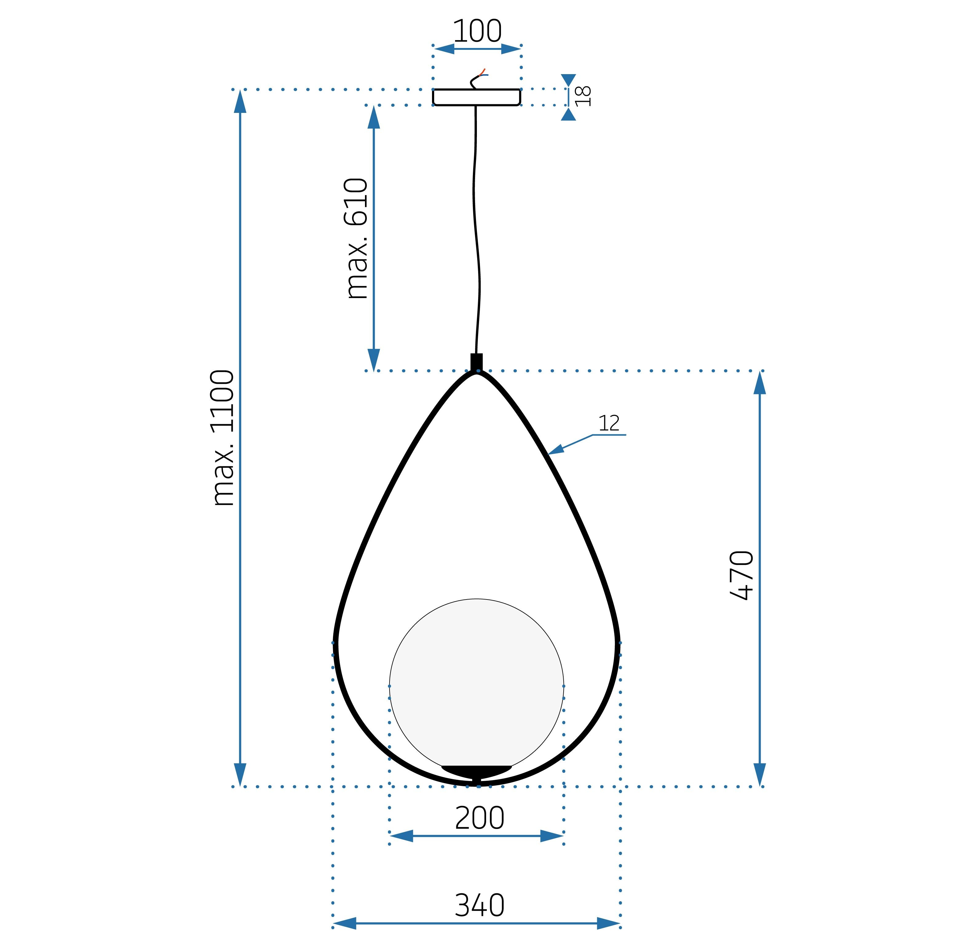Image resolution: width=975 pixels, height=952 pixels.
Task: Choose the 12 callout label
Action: click(609, 424)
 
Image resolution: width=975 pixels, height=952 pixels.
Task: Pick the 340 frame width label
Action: click(479, 906)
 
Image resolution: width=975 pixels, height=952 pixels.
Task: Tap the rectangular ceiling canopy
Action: click(476, 97)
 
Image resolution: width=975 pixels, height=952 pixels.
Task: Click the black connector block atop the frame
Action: click(476, 362)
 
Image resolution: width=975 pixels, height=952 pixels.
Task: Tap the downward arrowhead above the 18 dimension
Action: click(568, 80)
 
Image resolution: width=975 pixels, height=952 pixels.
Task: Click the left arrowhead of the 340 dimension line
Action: click(344, 923)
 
